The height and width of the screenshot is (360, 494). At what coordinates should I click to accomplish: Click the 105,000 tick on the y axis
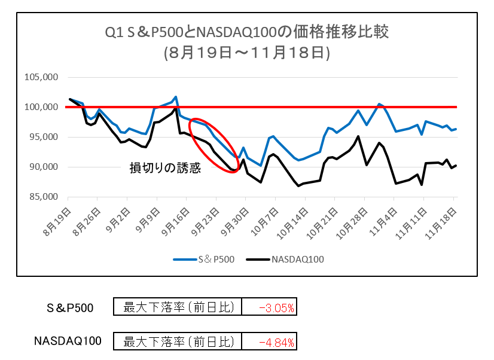[x=41, y=77]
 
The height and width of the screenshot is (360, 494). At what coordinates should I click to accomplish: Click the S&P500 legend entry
[x=203, y=260]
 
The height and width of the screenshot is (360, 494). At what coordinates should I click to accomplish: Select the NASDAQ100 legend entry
[x=287, y=260]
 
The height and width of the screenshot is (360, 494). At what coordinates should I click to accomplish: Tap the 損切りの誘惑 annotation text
[x=165, y=168]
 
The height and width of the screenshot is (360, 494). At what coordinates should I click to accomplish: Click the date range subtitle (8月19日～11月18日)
[x=246, y=52]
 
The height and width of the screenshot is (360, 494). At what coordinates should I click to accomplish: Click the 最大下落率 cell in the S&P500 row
[x=178, y=308]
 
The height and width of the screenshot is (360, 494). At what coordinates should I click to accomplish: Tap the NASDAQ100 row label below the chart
[x=68, y=341]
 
